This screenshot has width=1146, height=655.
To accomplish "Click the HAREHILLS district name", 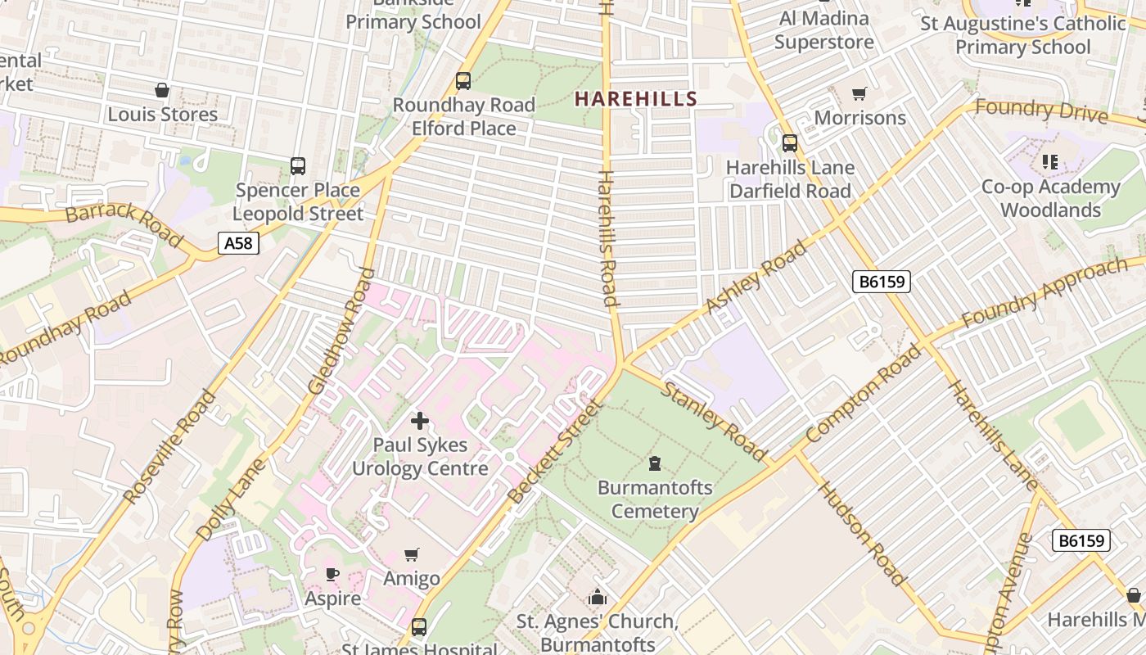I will click(x=635, y=99).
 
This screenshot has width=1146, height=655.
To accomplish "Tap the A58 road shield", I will click(x=238, y=242).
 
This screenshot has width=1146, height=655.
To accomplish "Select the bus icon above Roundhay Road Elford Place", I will click(x=463, y=81).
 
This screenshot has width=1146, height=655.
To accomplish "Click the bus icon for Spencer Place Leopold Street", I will click(x=298, y=166).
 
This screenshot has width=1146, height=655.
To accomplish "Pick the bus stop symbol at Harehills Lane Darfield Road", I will click(x=790, y=143).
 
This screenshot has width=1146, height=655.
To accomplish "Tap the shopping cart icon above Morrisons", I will click(x=859, y=94).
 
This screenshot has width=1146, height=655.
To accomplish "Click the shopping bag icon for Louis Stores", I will click(x=162, y=90).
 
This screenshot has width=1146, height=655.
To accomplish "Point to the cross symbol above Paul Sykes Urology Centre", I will click(x=420, y=421).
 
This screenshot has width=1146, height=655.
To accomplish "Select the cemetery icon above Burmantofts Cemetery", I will click(x=654, y=464).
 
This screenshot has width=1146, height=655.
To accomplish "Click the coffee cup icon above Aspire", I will click(x=332, y=574).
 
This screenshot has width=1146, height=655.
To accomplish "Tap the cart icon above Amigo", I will click(x=412, y=555).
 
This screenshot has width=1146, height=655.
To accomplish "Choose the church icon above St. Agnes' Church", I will click(x=598, y=597).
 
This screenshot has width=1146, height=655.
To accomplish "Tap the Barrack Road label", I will click(x=124, y=224).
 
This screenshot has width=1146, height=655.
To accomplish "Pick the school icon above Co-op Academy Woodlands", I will click(x=1050, y=162).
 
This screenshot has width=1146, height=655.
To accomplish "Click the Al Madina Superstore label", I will click(x=823, y=30).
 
